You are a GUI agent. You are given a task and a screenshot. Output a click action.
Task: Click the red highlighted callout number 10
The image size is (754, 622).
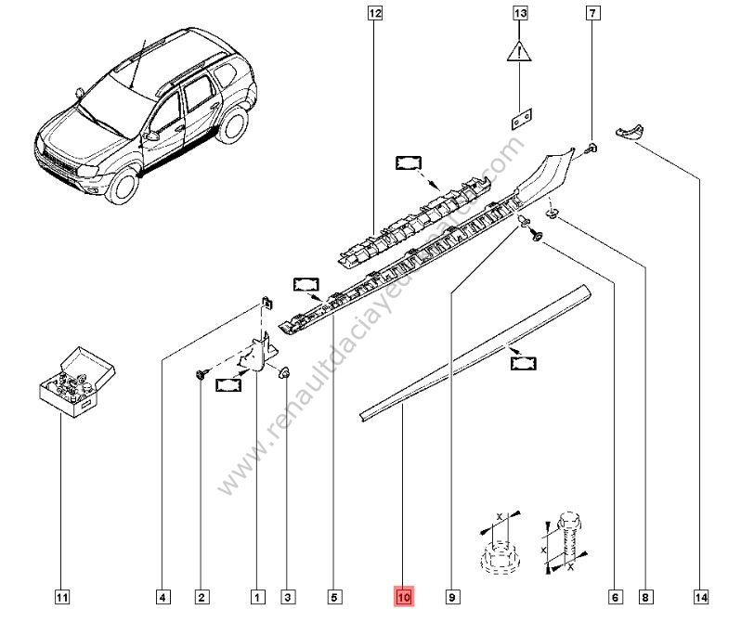[403, 597]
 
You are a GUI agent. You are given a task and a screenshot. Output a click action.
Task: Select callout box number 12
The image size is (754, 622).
[374, 13]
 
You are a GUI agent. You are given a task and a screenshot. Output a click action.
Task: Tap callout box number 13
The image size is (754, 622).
[520, 13]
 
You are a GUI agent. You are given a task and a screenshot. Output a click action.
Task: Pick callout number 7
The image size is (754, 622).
[592, 13]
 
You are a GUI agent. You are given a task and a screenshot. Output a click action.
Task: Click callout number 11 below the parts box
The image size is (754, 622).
[61, 598]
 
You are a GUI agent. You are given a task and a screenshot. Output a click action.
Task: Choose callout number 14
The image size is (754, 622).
[701, 598]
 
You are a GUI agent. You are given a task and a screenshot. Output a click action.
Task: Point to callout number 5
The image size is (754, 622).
[334, 598]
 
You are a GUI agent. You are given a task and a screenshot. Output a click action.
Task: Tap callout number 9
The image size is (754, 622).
[451, 598]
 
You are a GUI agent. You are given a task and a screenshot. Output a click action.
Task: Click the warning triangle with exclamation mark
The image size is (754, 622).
[519, 51]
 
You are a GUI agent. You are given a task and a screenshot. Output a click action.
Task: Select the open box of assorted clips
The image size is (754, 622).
[77, 382]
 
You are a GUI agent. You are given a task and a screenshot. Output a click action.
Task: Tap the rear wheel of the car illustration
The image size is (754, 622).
[233, 123]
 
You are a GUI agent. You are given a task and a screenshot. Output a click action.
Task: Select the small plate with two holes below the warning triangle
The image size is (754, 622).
[522, 119]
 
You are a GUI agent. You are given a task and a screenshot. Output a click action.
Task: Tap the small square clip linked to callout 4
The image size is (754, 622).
[266, 304]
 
